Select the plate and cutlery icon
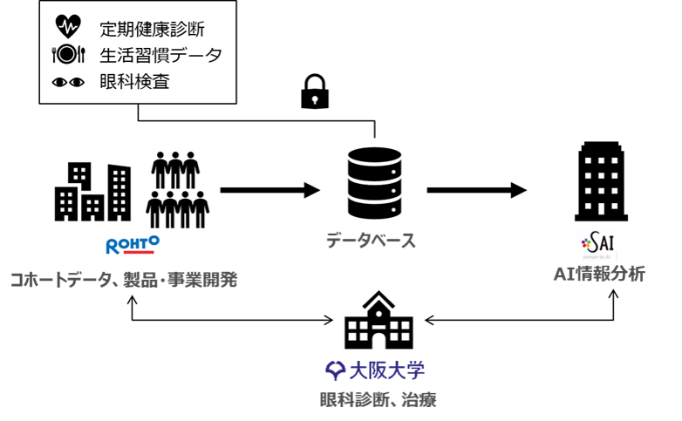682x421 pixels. tap(68, 55)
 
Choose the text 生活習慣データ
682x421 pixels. tap(160, 55)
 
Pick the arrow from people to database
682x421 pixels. tap(271, 189)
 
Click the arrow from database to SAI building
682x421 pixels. tap(477, 189)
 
